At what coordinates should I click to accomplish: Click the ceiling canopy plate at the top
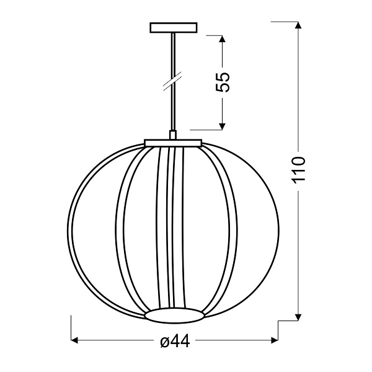(x=173, y=28)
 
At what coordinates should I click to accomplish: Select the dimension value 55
(x=223, y=82)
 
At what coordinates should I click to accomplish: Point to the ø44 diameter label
(x=174, y=340)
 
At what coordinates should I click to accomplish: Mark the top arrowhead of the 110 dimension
(x=299, y=26)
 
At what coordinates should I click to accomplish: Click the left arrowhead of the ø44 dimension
(x=76, y=340)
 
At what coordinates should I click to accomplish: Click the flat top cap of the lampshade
(x=173, y=143)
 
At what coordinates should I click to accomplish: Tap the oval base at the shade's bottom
(x=174, y=316)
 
